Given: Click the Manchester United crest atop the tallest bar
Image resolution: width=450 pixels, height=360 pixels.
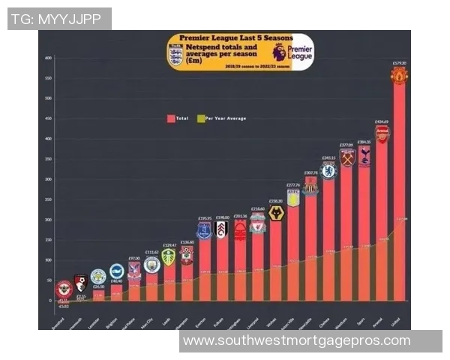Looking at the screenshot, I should click(x=399, y=76).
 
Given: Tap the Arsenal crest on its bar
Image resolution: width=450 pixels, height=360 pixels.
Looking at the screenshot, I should click(x=382, y=133).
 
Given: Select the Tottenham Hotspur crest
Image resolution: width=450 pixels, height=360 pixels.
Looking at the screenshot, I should click(x=364, y=155).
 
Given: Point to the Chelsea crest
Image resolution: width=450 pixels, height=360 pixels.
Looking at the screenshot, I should click(x=328, y=171).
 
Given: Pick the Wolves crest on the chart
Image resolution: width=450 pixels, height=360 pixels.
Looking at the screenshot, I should click(x=276, y=213).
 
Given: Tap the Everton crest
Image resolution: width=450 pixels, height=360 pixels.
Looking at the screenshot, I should click(x=204, y=230).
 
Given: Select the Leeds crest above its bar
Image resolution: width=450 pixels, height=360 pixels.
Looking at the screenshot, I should click(x=169, y=256).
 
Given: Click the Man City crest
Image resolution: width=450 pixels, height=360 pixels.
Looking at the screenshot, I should click(x=151, y=265).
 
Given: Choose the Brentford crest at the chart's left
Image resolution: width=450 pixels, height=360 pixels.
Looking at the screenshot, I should click(x=64, y=289).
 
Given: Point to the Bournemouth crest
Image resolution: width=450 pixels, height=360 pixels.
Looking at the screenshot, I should click(x=80, y=283).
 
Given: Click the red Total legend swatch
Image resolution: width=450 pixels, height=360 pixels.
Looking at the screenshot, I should click(x=171, y=118).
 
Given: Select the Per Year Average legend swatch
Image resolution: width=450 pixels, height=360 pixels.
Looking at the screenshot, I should click(x=200, y=118).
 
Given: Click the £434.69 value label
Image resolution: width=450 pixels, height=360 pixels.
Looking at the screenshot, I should click(x=382, y=121).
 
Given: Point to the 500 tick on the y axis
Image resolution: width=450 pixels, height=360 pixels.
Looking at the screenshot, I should click(x=48, y=98).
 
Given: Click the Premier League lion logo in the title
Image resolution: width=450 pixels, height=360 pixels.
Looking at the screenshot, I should click(x=280, y=52).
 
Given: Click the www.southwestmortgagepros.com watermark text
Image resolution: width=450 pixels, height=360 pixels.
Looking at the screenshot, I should click(x=297, y=340).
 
